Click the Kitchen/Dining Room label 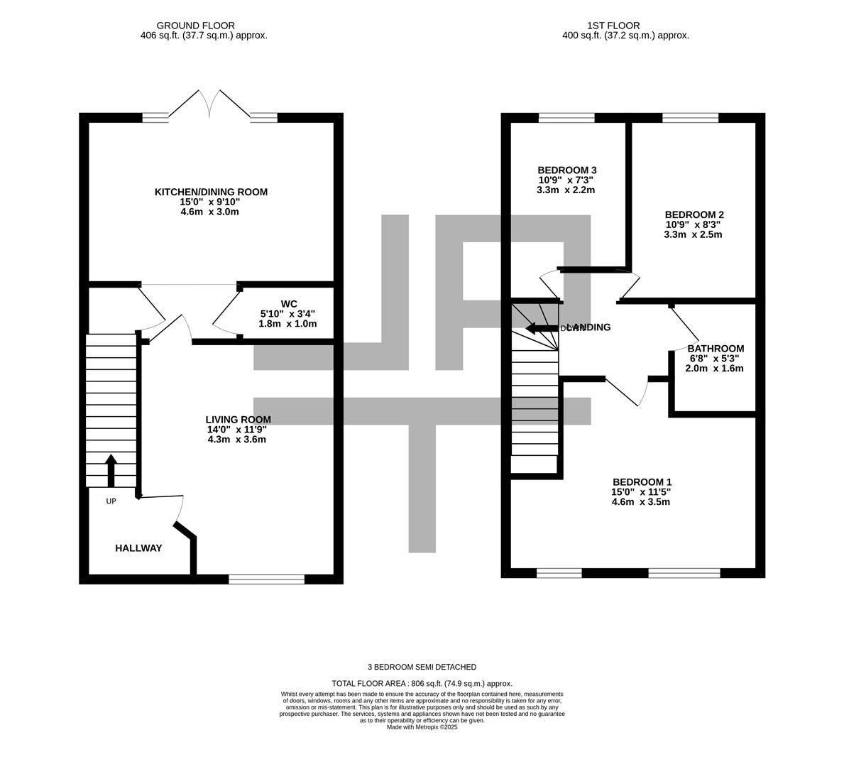(x=211, y=192)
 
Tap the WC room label (x=288, y=304)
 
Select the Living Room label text (x=238, y=420)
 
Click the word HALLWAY (x=138, y=548)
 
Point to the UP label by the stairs (x=111, y=501)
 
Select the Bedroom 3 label (x=566, y=170)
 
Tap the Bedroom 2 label (x=694, y=214)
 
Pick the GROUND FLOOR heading (x=195, y=26)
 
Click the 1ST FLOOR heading (x=613, y=26)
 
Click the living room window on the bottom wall (x=266, y=580)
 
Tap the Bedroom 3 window (x=566, y=118)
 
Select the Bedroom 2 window (x=690, y=118)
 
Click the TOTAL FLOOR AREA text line (x=422, y=683)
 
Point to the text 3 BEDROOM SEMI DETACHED (x=422, y=667)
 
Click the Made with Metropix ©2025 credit (x=422, y=727)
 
